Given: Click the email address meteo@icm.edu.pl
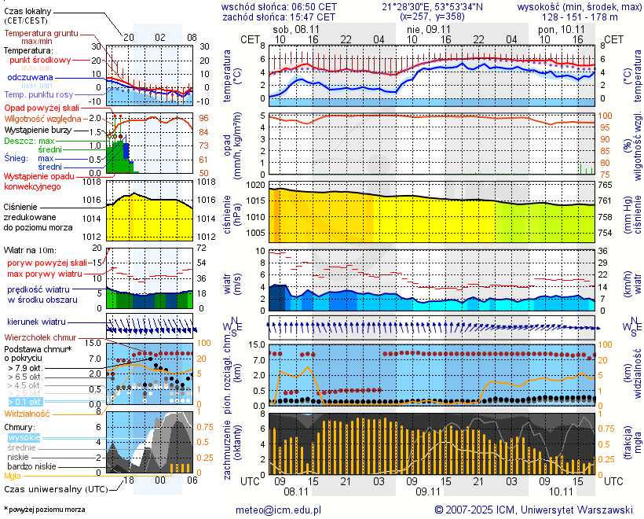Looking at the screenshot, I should [x=278, y=510].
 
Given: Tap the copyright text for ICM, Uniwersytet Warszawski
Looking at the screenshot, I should [x=533, y=510].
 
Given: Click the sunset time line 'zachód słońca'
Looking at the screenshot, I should [x=279, y=16].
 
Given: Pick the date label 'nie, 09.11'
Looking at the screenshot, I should [x=427, y=29].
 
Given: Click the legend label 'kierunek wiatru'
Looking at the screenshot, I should [x=36, y=322].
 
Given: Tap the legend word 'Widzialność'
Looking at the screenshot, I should [x=27, y=412].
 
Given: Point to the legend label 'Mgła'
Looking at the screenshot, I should [x=13, y=476].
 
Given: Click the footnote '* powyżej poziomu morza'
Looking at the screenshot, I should [x=44, y=510].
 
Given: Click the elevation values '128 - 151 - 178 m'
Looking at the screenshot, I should [x=580, y=16].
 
